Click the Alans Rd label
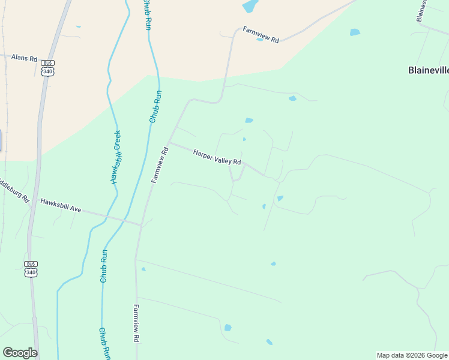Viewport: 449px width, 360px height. [x=25, y=59]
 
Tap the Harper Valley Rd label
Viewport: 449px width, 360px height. [x=217, y=158]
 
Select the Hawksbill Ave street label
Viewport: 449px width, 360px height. [x=60, y=205]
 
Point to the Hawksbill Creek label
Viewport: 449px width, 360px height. [x=116, y=157]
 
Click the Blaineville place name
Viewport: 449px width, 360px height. [x=428, y=70]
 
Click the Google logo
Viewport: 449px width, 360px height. [x=20, y=352]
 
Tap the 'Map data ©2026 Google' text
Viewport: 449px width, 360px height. [x=412, y=355]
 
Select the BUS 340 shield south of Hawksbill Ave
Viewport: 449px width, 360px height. [x=31, y=268]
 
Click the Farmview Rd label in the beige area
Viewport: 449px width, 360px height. [x=261, y=34]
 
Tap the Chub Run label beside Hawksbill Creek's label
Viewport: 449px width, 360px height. [x=155, y=107]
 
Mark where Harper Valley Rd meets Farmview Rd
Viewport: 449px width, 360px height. [x=169, y=143]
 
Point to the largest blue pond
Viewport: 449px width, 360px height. [x=250, y=6]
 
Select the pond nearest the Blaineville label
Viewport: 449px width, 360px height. [x=355, y=32]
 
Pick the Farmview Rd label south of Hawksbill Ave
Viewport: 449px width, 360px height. [x=137, y=323]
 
